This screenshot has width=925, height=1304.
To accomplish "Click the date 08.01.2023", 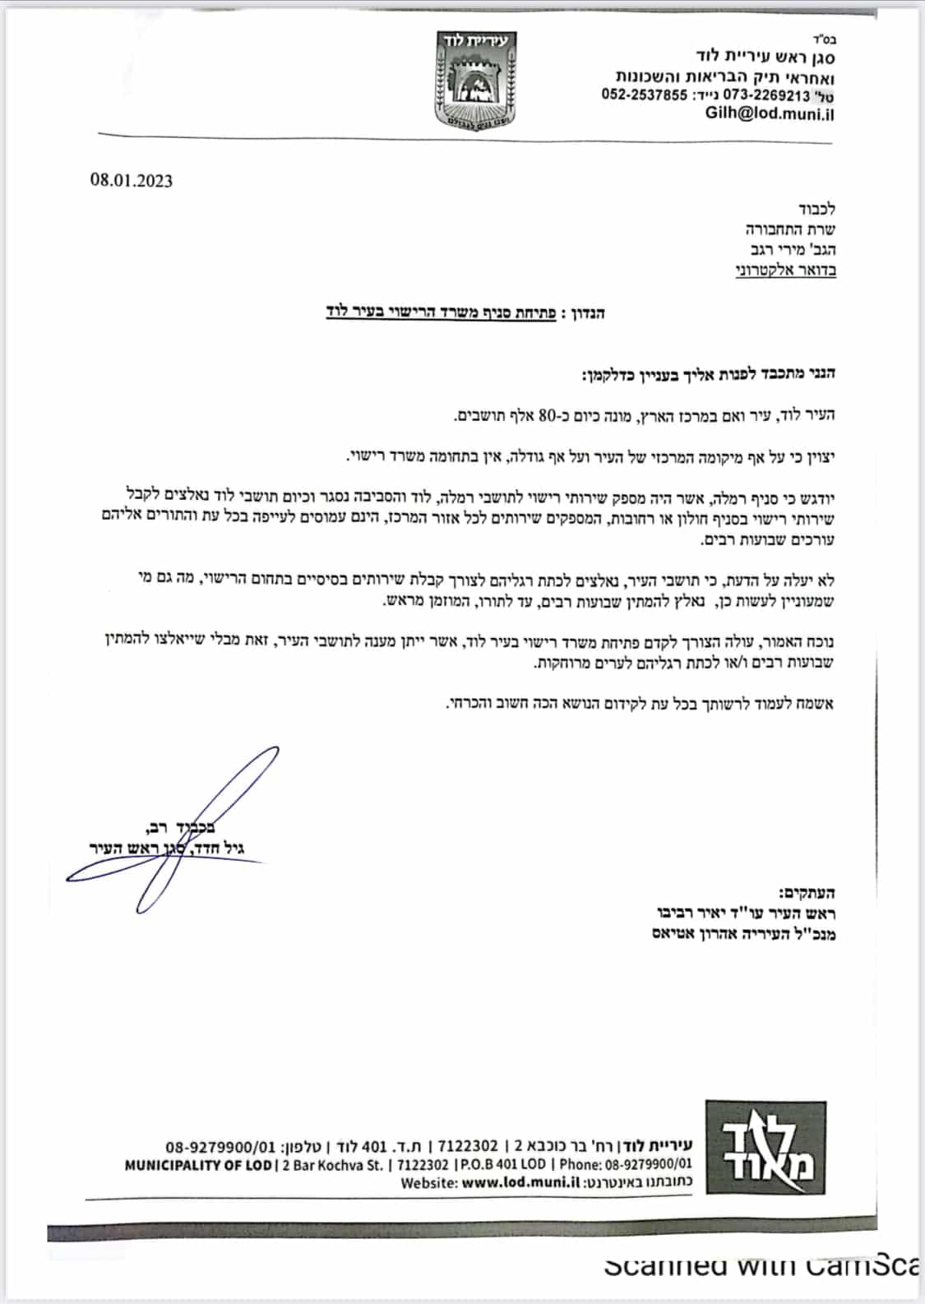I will point(132,181).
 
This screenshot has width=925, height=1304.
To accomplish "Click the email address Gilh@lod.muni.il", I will point(770,113).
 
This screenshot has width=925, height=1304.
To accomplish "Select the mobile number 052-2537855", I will point(644,95).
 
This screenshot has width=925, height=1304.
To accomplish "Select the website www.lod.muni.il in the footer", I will point(516,1183).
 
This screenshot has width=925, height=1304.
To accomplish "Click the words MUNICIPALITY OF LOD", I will point(197,1165).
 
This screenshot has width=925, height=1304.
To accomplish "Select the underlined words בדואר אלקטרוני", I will point(785,270).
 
